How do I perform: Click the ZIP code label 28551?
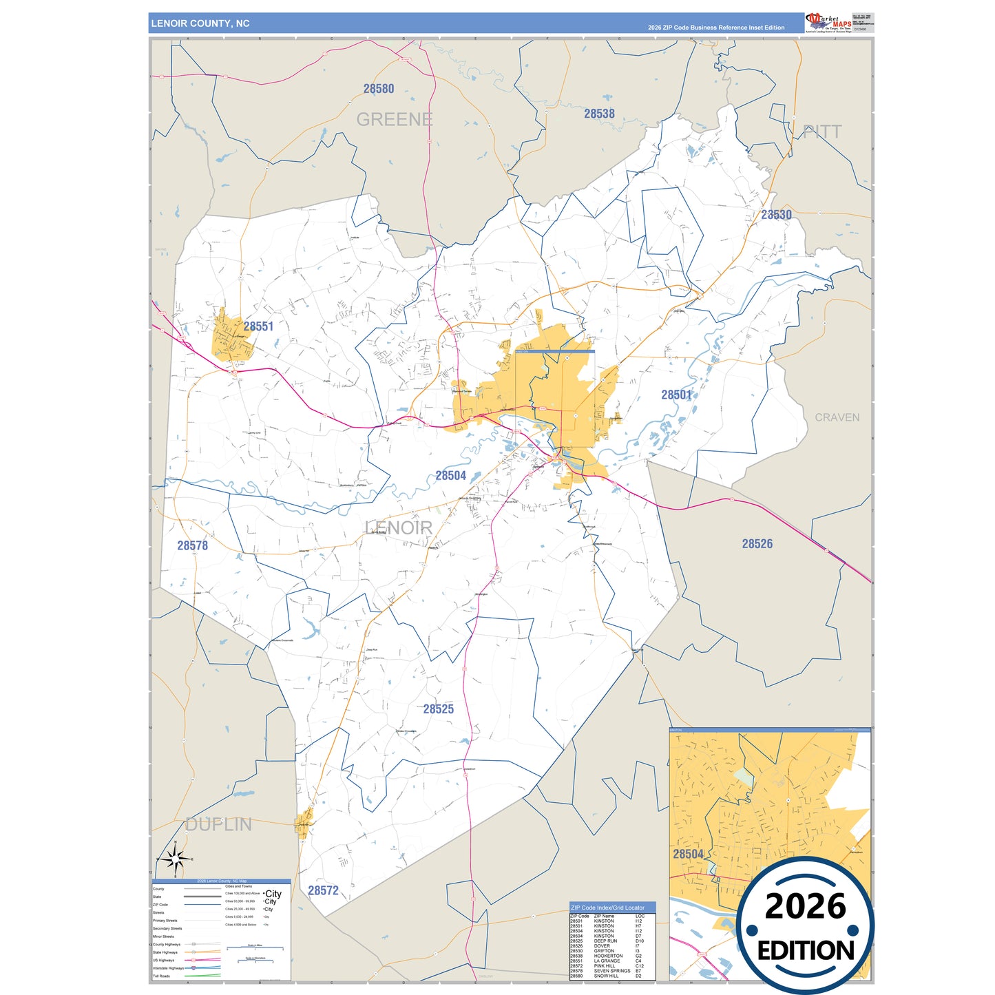coord(258,326)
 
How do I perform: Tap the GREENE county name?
coord(395,120)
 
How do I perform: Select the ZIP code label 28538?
coord(599,114)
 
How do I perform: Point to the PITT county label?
coord(822,132)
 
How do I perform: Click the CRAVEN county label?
coord(837,417)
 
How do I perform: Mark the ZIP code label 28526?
coord(757,544)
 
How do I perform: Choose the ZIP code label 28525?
coord(438,709)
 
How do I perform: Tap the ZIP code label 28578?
coord(192,545)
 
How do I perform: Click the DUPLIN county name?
coord(219,824)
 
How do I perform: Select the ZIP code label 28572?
coord(323,890)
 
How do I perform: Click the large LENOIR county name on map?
coord(399,528)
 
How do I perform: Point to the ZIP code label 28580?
coord(379,89)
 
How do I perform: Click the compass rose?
coord(175,859)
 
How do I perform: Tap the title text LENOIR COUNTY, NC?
coord(200,23)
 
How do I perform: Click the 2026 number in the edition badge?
coord(805,906)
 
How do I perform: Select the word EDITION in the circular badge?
coord(805,951)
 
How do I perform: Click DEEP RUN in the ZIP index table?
coord(605,941)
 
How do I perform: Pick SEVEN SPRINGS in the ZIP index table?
coord(611,971)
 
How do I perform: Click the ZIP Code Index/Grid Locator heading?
coord(607,908)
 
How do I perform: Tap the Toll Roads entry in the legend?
coord(161,976)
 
